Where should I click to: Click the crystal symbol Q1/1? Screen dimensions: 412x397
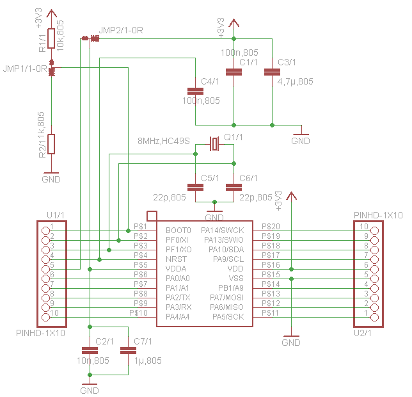pyautogui.click(x=214, y=144)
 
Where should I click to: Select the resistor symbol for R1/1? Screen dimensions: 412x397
pyautogui.click(x=51, y=38)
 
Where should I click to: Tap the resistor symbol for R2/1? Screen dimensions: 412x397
pyautogui.click(x=51, y=144)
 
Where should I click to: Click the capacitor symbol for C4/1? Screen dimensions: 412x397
pyautogui.click(x=195, y=91)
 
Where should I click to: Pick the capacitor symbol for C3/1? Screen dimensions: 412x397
pyautogui.click(x=272, y=72)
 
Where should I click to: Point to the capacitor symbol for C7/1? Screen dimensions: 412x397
pyautogui.click(x=128, y=351)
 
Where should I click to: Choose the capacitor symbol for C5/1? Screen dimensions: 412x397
pyautogui.click(x=195, y=187)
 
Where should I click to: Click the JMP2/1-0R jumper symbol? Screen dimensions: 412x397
pyautogui.click(x=90, y=38)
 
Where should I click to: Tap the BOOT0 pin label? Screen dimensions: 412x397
pyautogui.click(x=178, y=231)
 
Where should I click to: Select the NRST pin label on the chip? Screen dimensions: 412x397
pyautogui.click(x=176, y=259)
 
